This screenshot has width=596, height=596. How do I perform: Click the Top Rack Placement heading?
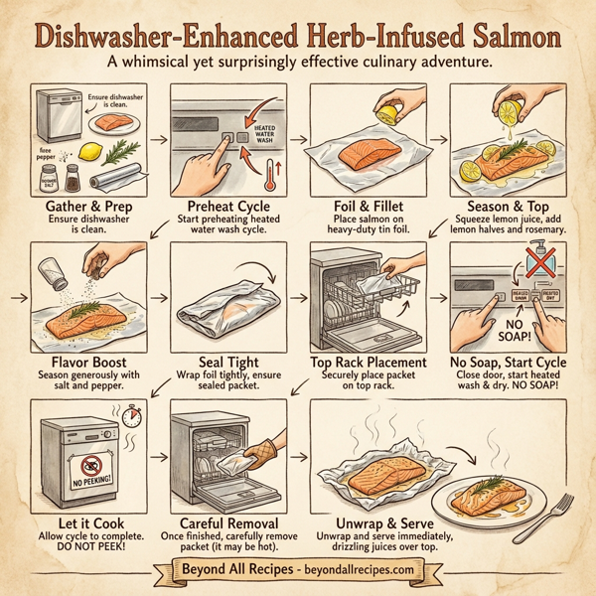point(368,364)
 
